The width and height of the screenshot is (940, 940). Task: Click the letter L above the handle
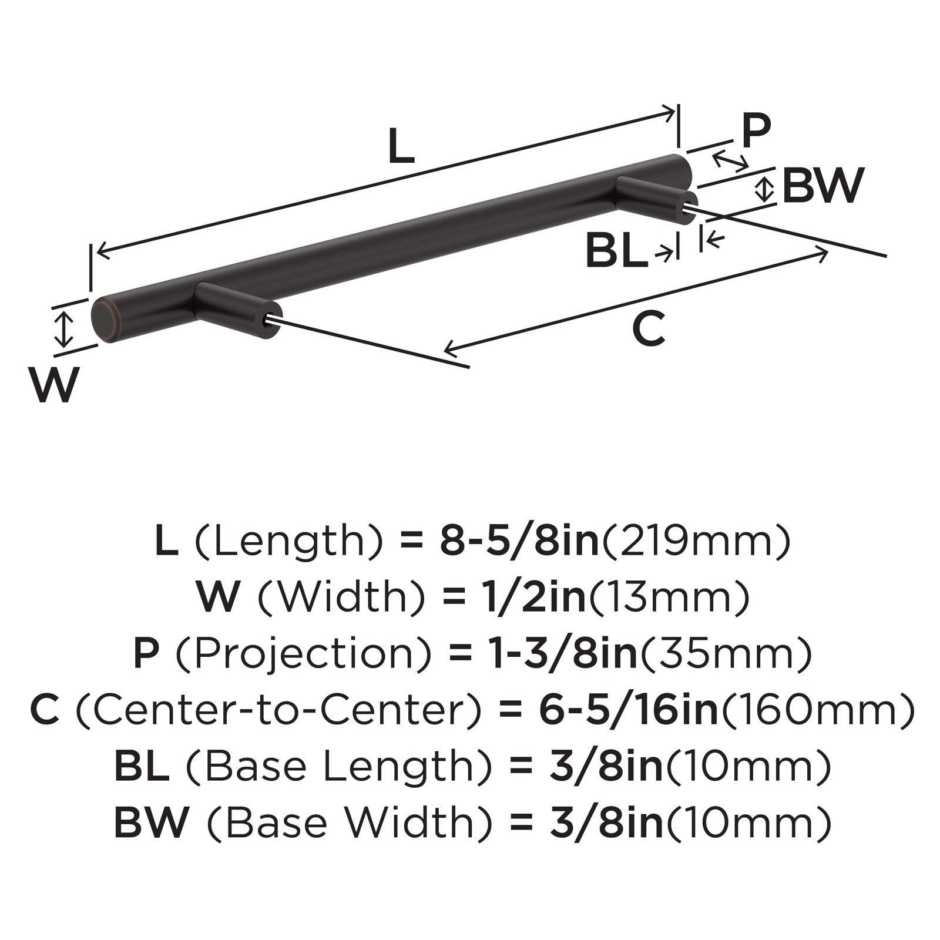click(x=401, y=146)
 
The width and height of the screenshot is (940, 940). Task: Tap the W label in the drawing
click(x=55, y=385)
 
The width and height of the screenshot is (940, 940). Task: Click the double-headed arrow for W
click(x=63, y=329)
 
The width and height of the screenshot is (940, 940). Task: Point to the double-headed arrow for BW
click(x=764, y=189)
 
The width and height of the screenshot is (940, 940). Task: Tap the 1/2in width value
click(x=529, y=599)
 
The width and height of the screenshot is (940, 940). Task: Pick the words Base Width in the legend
click(x=341, y=823)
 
